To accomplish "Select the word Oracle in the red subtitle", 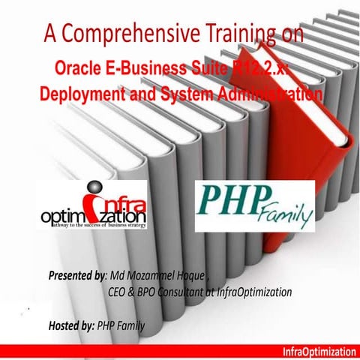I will click(79, 70).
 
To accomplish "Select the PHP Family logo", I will click(255, 205).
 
